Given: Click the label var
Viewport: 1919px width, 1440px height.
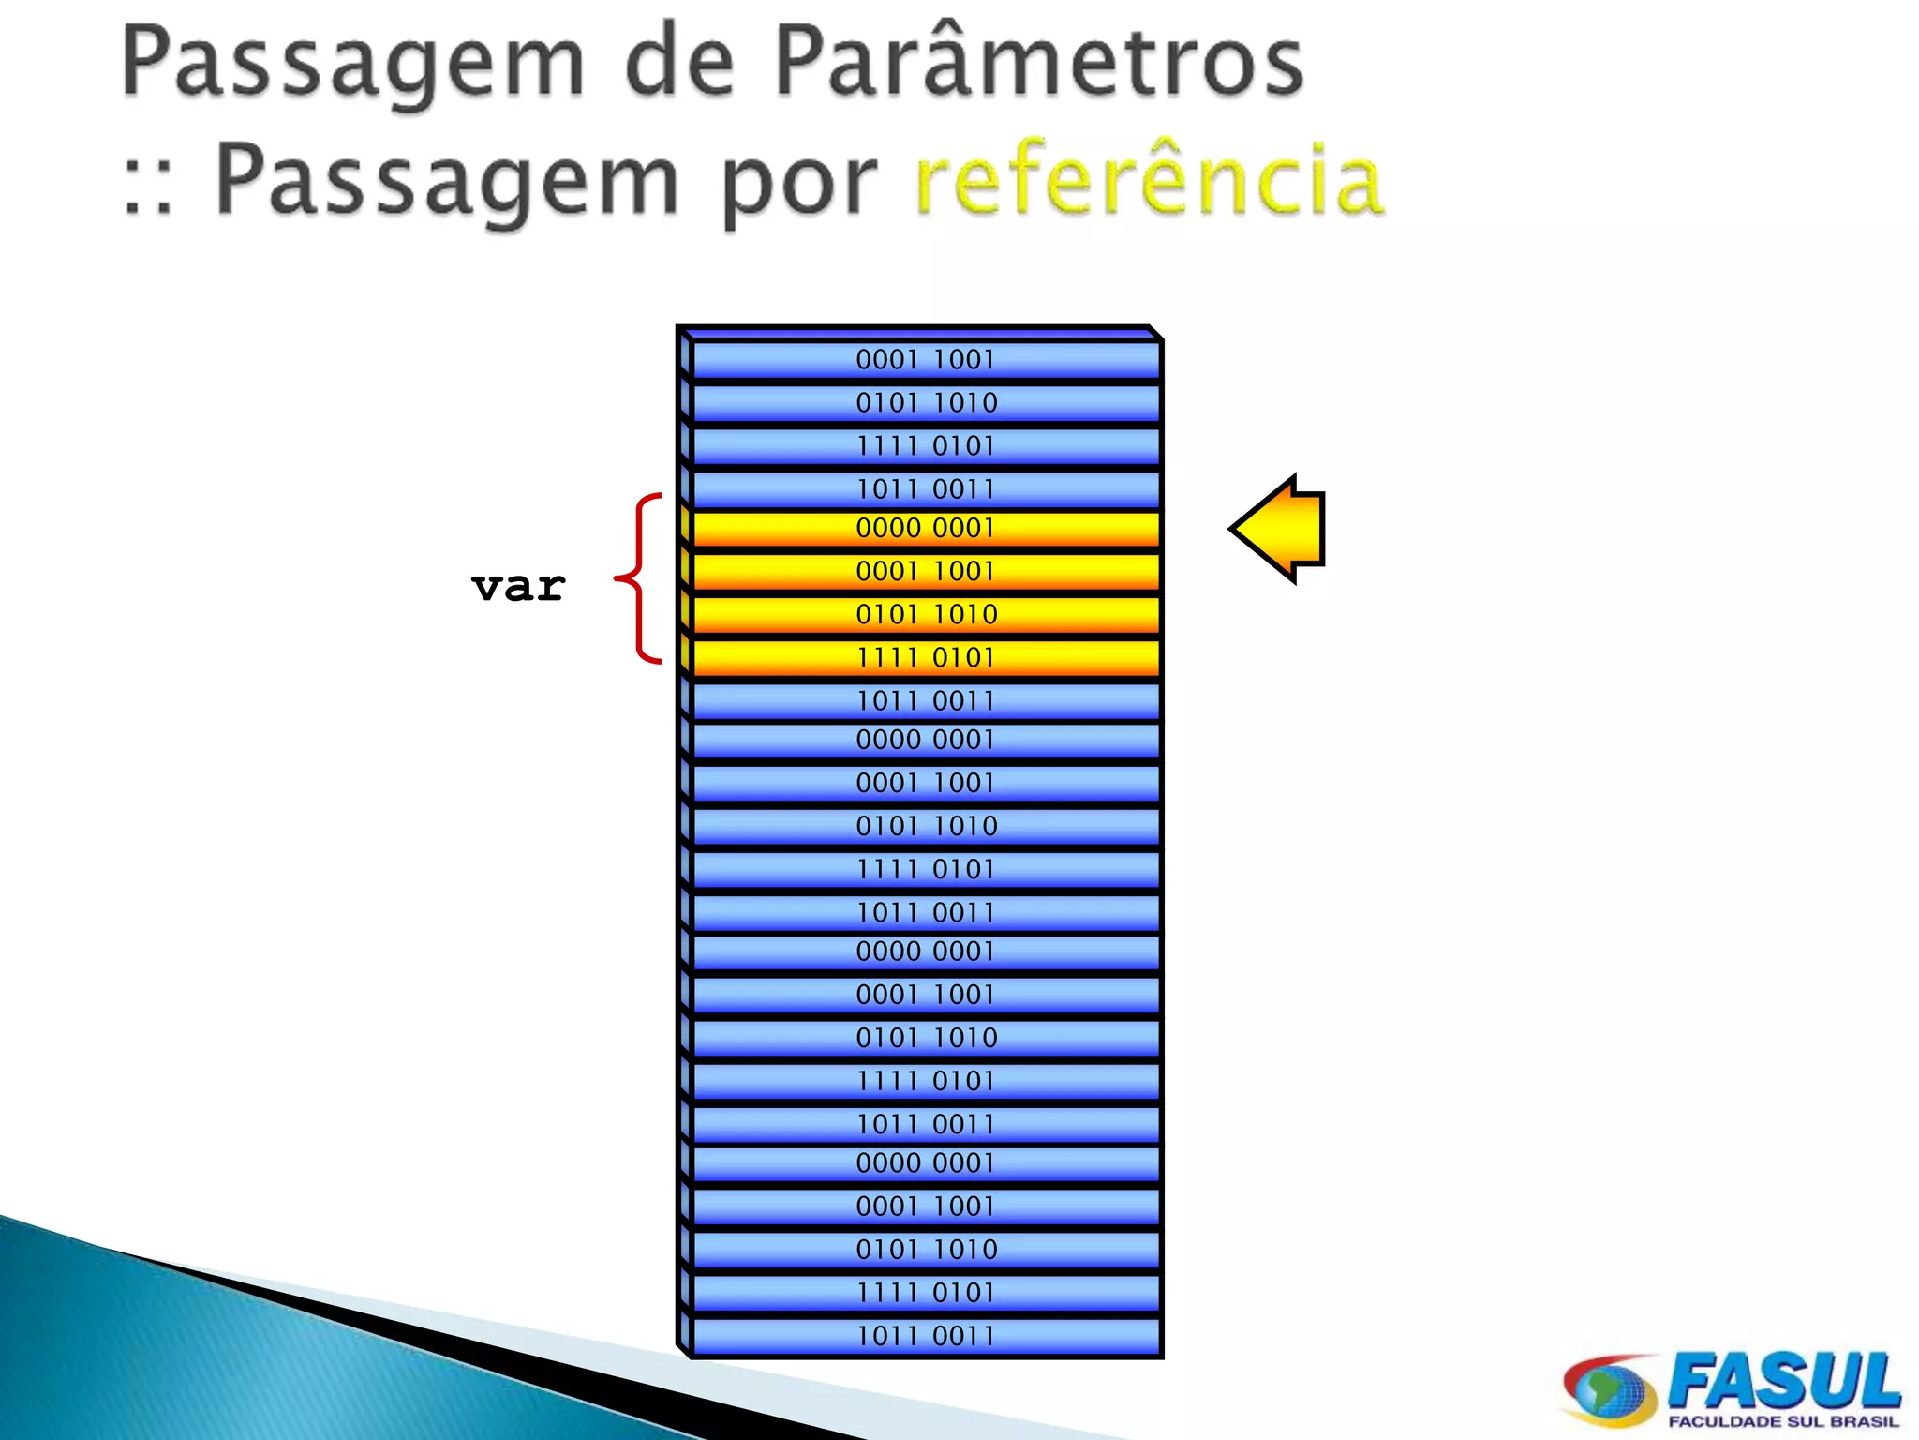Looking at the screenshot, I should [x=518, y=588].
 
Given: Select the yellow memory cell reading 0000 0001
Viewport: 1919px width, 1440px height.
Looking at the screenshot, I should [x=925, y=529].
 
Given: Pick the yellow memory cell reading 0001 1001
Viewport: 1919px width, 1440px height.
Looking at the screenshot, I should [x=925, y=571].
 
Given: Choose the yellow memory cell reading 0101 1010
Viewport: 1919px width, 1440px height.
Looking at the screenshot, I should [x=925, y=614].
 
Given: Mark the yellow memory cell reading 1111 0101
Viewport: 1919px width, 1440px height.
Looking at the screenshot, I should [x=925, y=657].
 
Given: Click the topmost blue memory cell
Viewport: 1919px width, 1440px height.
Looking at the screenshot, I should [x=925, y=360].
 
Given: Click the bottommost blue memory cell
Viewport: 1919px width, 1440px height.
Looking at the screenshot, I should [x=925, y=1336].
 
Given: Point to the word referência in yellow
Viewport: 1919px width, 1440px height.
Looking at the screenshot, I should [x=1149, y=179].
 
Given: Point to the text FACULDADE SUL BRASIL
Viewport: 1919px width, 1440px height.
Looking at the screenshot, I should [x=1782, y=1421].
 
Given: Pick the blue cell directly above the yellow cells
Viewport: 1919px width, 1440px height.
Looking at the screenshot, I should [x=925, y=489].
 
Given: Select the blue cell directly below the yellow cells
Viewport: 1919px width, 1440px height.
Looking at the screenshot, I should [x=925, y=700].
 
